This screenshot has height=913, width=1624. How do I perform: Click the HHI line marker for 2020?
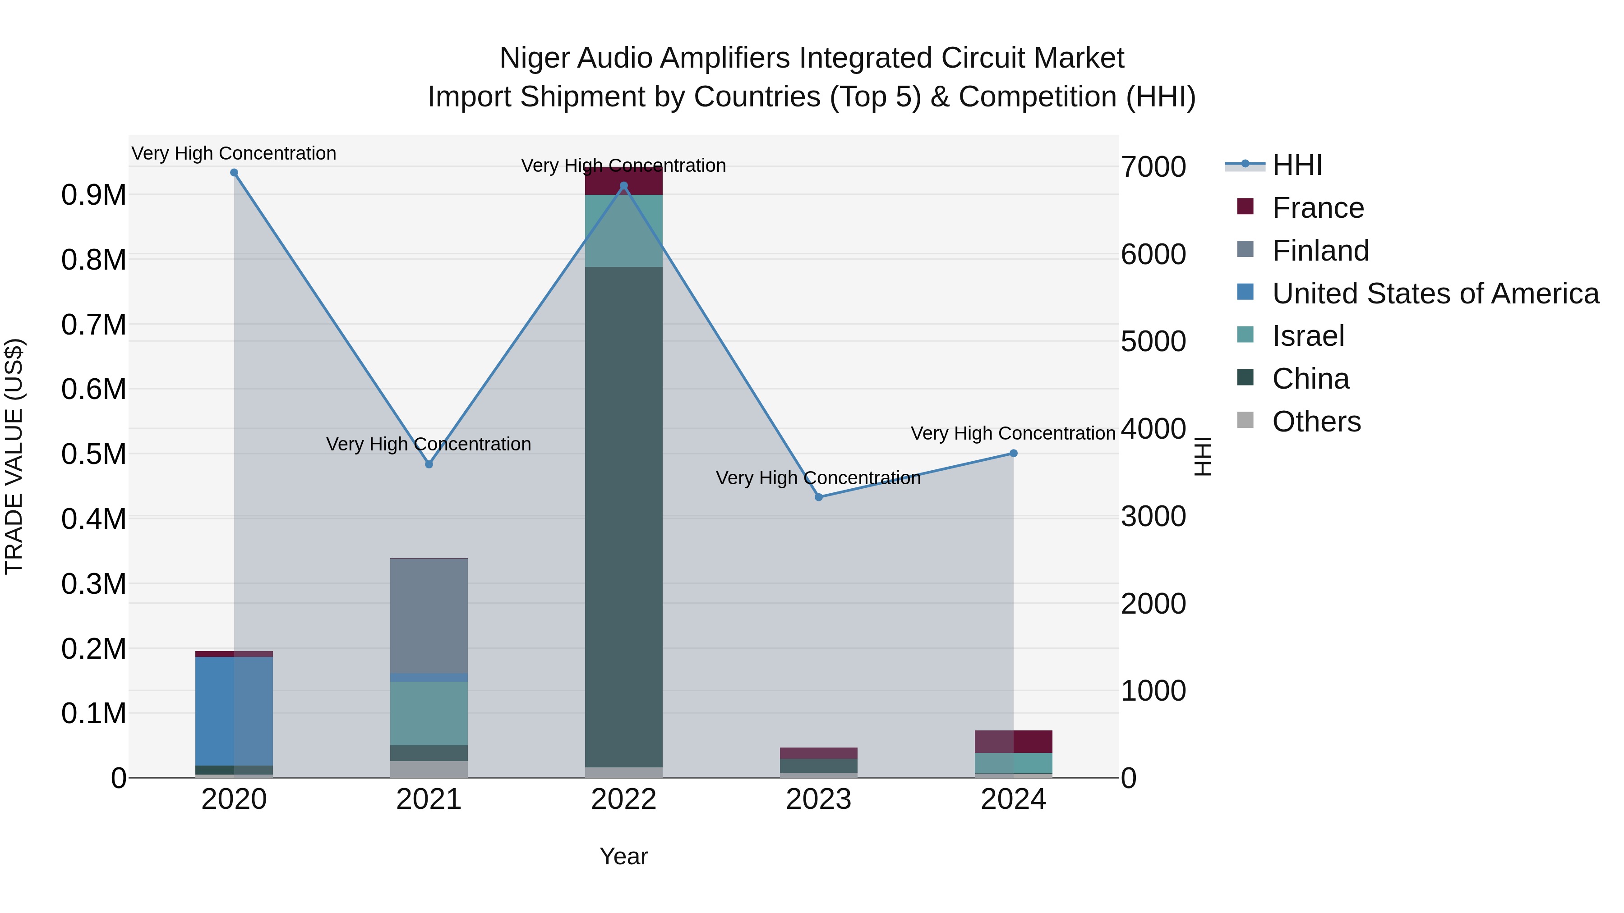[x=234, y=173]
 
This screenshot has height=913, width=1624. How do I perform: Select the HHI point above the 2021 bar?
[x=429, y=464]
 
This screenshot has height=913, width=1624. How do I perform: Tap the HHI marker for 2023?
[x=818, y=497]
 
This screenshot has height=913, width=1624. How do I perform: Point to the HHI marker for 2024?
[x=1013, y=454]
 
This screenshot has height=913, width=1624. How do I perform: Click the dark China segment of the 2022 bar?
[x=623, y=517]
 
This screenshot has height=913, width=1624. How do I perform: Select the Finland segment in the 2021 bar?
[x=429, y=615]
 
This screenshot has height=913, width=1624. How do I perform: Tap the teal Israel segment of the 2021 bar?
[x=429, y=713]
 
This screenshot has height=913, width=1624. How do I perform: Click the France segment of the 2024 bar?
[x=1013, y=742]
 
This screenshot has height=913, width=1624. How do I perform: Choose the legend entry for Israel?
[x=1307, y=336]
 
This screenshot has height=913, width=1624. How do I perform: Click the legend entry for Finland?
[x=1320, y=251]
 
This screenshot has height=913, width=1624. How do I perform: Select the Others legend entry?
[x=1316, y=422]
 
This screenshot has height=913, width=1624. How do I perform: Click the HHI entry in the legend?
[x=1297, y=165]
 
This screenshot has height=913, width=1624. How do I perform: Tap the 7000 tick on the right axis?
[x=1153, y=167]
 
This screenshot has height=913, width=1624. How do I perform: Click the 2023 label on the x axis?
[x=818, y=799]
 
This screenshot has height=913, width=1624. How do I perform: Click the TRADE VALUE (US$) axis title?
[x=14, y=456]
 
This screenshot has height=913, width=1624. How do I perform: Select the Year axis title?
[x=623, y=856]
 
